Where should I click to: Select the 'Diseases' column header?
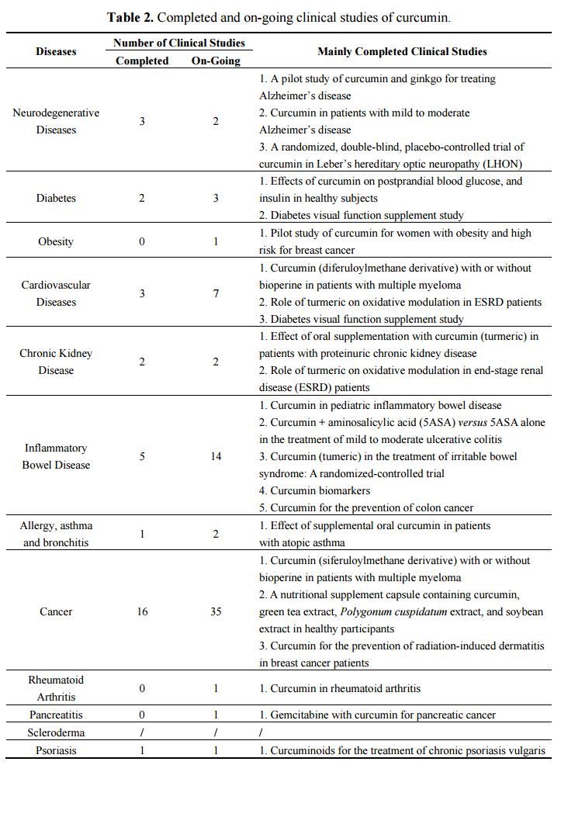tap(56, 52)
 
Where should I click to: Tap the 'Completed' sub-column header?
tap(142, 61)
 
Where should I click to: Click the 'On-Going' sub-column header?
tap(216, 61)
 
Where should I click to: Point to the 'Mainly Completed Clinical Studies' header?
tap(402, 52)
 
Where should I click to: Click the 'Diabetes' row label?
tap(56, 198)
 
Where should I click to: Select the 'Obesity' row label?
tap(56, 241)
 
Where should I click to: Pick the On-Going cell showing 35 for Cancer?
tap(216, 611)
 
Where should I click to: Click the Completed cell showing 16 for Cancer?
tap(142, 611)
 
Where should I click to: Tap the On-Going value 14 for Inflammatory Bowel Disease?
tap(216, 456)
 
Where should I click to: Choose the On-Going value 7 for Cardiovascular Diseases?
tap(216, 293)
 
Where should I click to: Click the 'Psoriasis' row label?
tap(56, 750)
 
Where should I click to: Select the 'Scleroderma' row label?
tap(56, 732)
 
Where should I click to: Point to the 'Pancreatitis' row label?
tap(56, 715)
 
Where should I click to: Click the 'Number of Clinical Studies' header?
tap(178, 43)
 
